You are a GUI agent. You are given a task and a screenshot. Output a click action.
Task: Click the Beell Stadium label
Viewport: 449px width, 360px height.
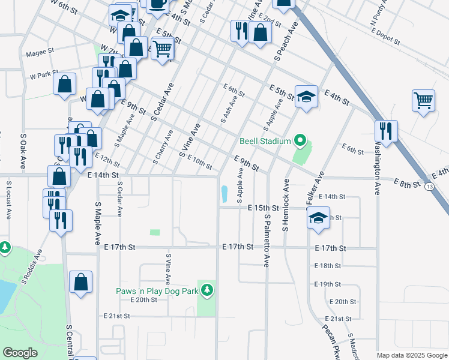[x=265, y=142]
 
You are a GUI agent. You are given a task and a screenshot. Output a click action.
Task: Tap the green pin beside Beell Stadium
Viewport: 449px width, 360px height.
[x=300, y=142]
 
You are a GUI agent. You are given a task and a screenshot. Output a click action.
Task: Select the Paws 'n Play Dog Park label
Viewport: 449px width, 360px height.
[x=157, y=291]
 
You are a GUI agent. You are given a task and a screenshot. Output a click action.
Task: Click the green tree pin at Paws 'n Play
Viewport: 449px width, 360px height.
[x=208, y=290]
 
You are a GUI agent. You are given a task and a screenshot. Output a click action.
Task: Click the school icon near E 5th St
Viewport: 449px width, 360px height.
[x=306, y=97]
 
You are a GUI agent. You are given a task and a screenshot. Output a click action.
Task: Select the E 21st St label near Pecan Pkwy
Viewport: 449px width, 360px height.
[x=338, y=319]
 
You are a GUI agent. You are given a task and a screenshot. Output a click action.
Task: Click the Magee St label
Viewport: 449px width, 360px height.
[x=40, y=53]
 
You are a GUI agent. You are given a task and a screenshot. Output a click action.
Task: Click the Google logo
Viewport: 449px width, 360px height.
[x=20, y=352]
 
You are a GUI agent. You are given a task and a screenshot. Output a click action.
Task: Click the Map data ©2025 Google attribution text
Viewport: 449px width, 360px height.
[x=411, y=355]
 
